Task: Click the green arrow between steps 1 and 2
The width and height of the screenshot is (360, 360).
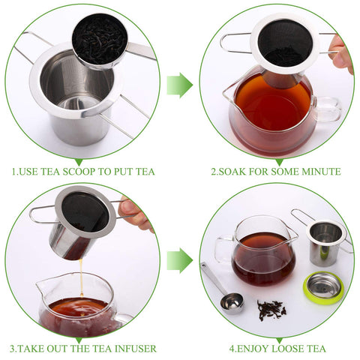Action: click(x=179, y=85)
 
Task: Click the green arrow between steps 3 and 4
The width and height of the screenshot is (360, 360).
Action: click(x=179, y=260)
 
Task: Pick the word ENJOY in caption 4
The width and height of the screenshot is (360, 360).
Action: click(x=249, y=349)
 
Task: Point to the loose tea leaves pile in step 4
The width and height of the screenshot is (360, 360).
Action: click(x=271, y=307)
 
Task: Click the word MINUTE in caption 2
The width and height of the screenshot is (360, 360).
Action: click(x=319, y=172)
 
